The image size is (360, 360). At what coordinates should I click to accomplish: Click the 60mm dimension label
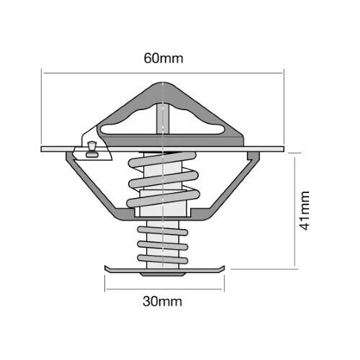click(x=163, y=58)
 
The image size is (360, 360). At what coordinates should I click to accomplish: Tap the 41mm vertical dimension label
click(x=305, y=210)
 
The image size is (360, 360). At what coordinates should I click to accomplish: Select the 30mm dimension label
click(x=162, y=302)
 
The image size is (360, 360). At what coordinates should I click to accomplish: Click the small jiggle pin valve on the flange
click(x=92, y=150)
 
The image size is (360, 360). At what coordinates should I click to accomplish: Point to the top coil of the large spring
click(x=163, y=160)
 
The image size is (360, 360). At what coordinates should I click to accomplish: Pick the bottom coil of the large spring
click(x=163, y=199)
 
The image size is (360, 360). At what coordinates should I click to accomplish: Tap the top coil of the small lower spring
click(x=163, y=230)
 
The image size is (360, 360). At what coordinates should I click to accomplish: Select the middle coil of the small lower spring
click(x=163, y=246)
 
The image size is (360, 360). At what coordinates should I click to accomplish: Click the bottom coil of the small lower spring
click(x=163, y=259)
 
